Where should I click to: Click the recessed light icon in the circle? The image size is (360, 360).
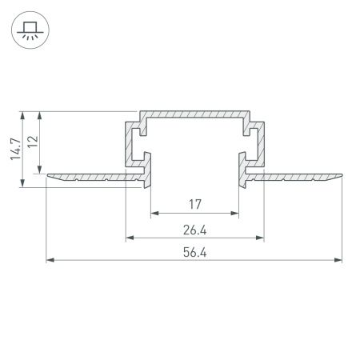click(x=29, y=30)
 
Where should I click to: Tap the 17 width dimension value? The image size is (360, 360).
click(x=195, y=205)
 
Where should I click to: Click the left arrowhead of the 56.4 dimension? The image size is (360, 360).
click(x=50, y=261)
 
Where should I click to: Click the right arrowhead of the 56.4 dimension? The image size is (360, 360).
click(x=339, y=261)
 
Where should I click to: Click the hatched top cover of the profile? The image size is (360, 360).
click(x=195, y=115)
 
